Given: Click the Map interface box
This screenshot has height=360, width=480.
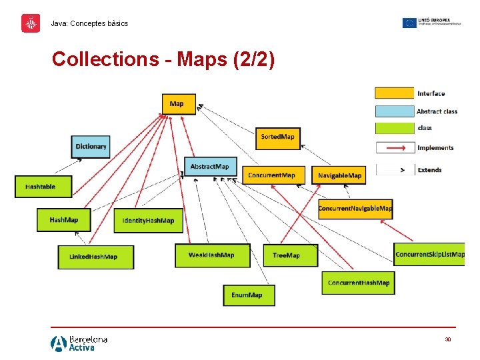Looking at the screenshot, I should (179, 103).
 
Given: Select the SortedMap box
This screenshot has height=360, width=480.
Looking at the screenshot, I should (277, 137).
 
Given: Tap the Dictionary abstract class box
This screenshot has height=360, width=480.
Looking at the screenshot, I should (91, 147).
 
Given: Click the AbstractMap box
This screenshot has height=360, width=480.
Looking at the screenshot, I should (209, 167).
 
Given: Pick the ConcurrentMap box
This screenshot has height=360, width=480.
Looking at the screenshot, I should (272, 175).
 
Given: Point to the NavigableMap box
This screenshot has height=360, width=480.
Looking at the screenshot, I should (339, 175).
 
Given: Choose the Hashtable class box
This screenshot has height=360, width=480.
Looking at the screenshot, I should (43, 187).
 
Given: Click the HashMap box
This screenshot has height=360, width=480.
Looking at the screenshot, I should (63, 220).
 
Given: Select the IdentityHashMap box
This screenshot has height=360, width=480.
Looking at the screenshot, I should (148, 221).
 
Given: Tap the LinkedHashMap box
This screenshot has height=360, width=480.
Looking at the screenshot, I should (95, 257).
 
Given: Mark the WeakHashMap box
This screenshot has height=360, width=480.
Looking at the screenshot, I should (211, 255).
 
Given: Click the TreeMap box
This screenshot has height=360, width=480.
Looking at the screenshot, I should (287, 255).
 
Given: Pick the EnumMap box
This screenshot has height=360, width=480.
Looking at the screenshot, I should (247, 295).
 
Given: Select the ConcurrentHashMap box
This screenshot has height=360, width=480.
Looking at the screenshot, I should (358, 283).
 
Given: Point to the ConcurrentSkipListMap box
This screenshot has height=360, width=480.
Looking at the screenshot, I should (429, 254).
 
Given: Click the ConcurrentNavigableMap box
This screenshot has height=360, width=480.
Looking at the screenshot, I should (355, 209).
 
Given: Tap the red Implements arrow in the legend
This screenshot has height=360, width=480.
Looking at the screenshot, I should (395, 148).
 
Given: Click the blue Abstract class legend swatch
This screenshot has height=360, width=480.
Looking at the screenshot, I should (394, 111).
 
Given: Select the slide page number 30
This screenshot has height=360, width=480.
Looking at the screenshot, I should (448, 339).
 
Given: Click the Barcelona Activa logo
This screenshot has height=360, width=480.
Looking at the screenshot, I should (79, 343).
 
